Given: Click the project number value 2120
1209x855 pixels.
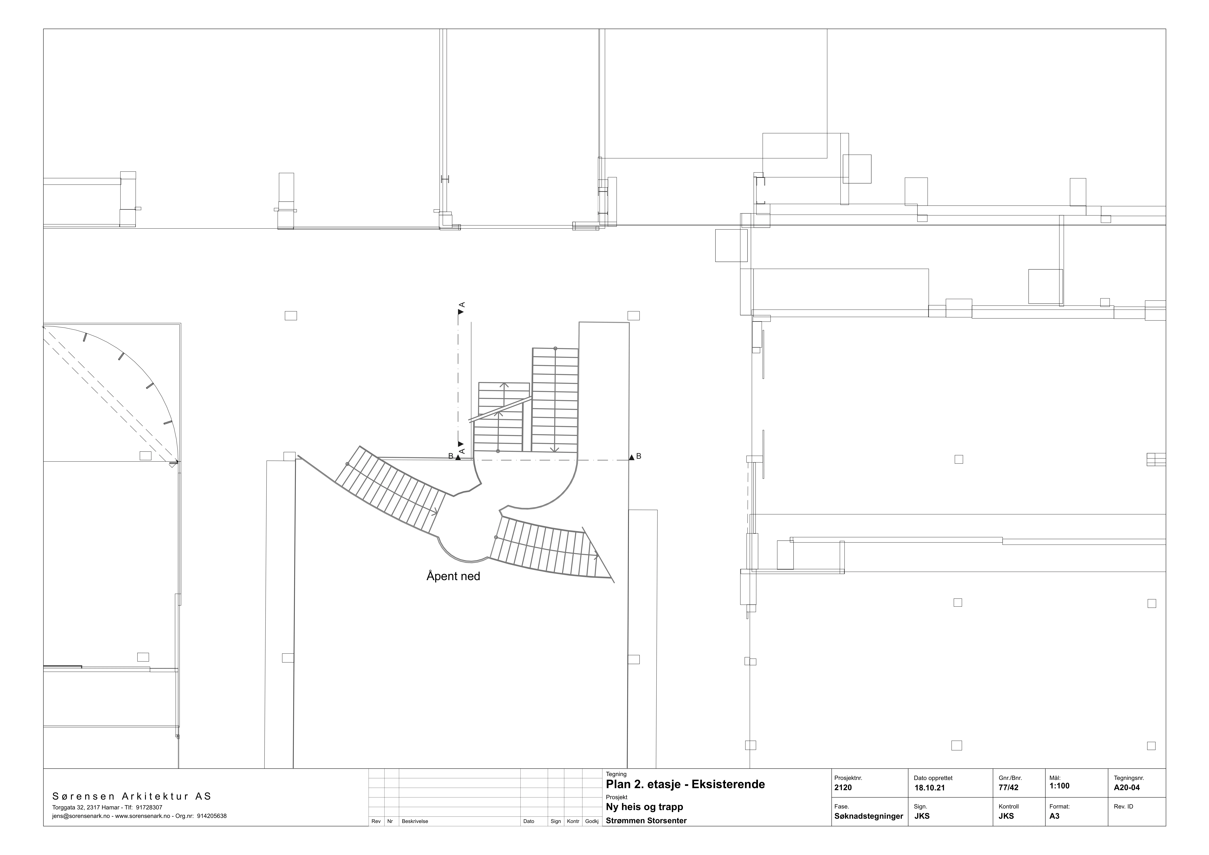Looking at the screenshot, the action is click(x=843, y=788).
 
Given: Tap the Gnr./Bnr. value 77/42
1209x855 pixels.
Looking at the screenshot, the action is click(x=1008, y=788).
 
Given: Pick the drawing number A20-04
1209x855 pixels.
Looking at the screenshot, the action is click(x=1127, y=788).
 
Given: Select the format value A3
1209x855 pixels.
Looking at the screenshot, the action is click(x=1054, y=816).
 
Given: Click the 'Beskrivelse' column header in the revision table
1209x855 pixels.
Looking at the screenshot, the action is click(x=415, y=821).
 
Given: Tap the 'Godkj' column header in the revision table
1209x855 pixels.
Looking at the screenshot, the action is click(x=591, y=821).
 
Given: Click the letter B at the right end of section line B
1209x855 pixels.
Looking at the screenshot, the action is click(x=639, y=456).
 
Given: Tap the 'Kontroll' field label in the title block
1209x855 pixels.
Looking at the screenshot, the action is click(x=1008, y=807).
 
